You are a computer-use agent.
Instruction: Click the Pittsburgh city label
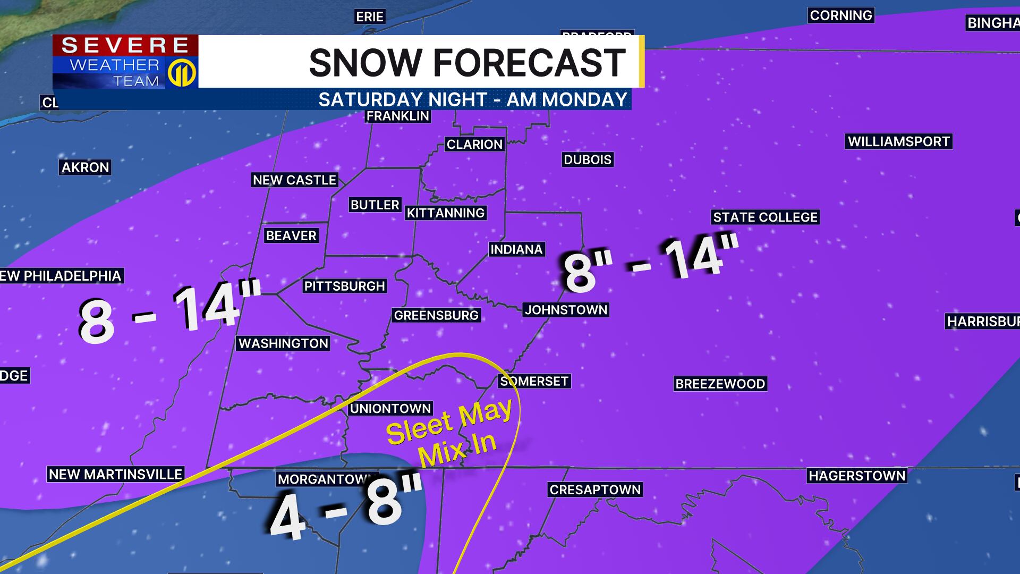click(x=344, y=286)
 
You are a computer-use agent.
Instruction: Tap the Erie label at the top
click(x=370, y=17)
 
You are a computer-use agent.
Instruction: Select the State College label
click(x=765, y=217)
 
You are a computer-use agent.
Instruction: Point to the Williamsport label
click(x=898, y=141)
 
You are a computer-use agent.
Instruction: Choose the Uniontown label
click(x=390, y=408)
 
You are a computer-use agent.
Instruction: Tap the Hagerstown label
click(x=857, y=475)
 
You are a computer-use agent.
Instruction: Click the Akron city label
click(x=85, y=167)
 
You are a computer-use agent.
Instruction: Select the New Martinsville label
click(x=115, y=474)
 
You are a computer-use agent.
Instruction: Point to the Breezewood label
click(x=720, y=384)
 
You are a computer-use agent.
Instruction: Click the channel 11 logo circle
click(x=182, y=73)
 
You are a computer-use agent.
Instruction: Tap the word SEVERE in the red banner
click(x=125, y=45)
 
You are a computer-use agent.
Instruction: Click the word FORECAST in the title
click(x=529, y=63)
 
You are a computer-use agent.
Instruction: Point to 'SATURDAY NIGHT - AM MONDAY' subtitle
click(x=473, y=99)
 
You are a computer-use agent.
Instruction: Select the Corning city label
click(x=840, y=15)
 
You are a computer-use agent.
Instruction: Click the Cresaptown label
click(x=595, y=489)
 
